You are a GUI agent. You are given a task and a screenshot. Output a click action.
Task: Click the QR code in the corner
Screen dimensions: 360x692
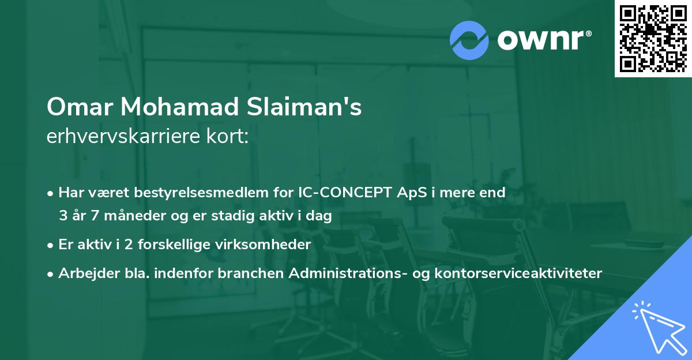pos(653,39)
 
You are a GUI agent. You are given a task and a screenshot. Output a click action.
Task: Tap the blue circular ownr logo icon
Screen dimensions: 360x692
pos(469,40)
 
